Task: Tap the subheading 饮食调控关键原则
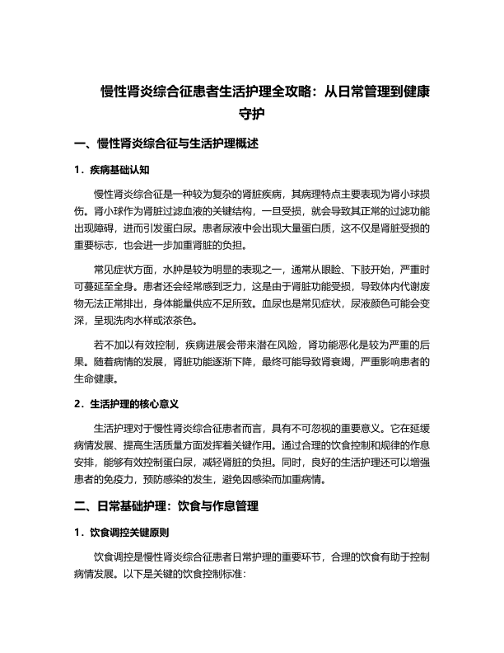132,532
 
